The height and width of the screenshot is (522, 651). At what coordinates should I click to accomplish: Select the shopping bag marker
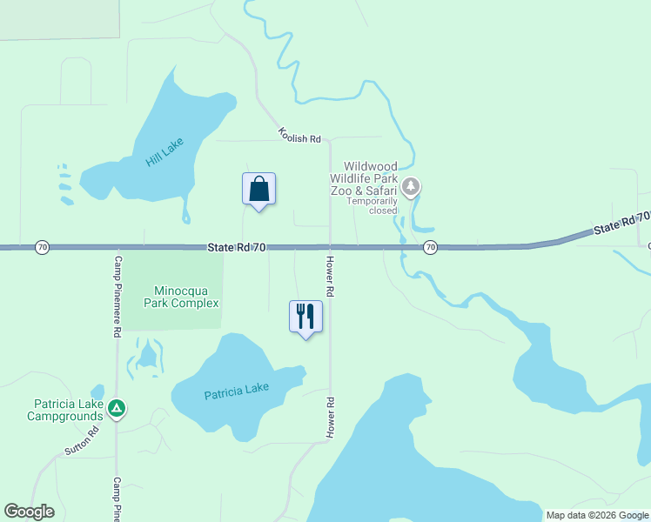click(x=258, y=189)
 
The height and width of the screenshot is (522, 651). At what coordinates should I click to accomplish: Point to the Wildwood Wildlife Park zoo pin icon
click(x=412, y=186)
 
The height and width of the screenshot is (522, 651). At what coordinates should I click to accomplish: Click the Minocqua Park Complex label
click(x=185, y=297)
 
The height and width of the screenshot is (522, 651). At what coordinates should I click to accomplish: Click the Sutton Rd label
click(x=84, y=441)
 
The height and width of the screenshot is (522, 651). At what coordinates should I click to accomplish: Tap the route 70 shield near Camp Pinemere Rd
click(x=42, y=248)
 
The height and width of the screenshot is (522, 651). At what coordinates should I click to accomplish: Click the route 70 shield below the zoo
click(x=430, y=248)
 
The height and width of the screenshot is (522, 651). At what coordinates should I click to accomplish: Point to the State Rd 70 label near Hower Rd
click(x=237, y=248)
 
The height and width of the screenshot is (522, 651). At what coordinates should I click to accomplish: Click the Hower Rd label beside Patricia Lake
click(x=331, y=418)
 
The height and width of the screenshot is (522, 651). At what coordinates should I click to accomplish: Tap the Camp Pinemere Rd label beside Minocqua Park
click(x=117, y=296)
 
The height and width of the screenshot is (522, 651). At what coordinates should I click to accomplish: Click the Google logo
click(x=30, y=512)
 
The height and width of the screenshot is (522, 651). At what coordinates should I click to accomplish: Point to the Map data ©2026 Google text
click(x=596, y=515)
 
